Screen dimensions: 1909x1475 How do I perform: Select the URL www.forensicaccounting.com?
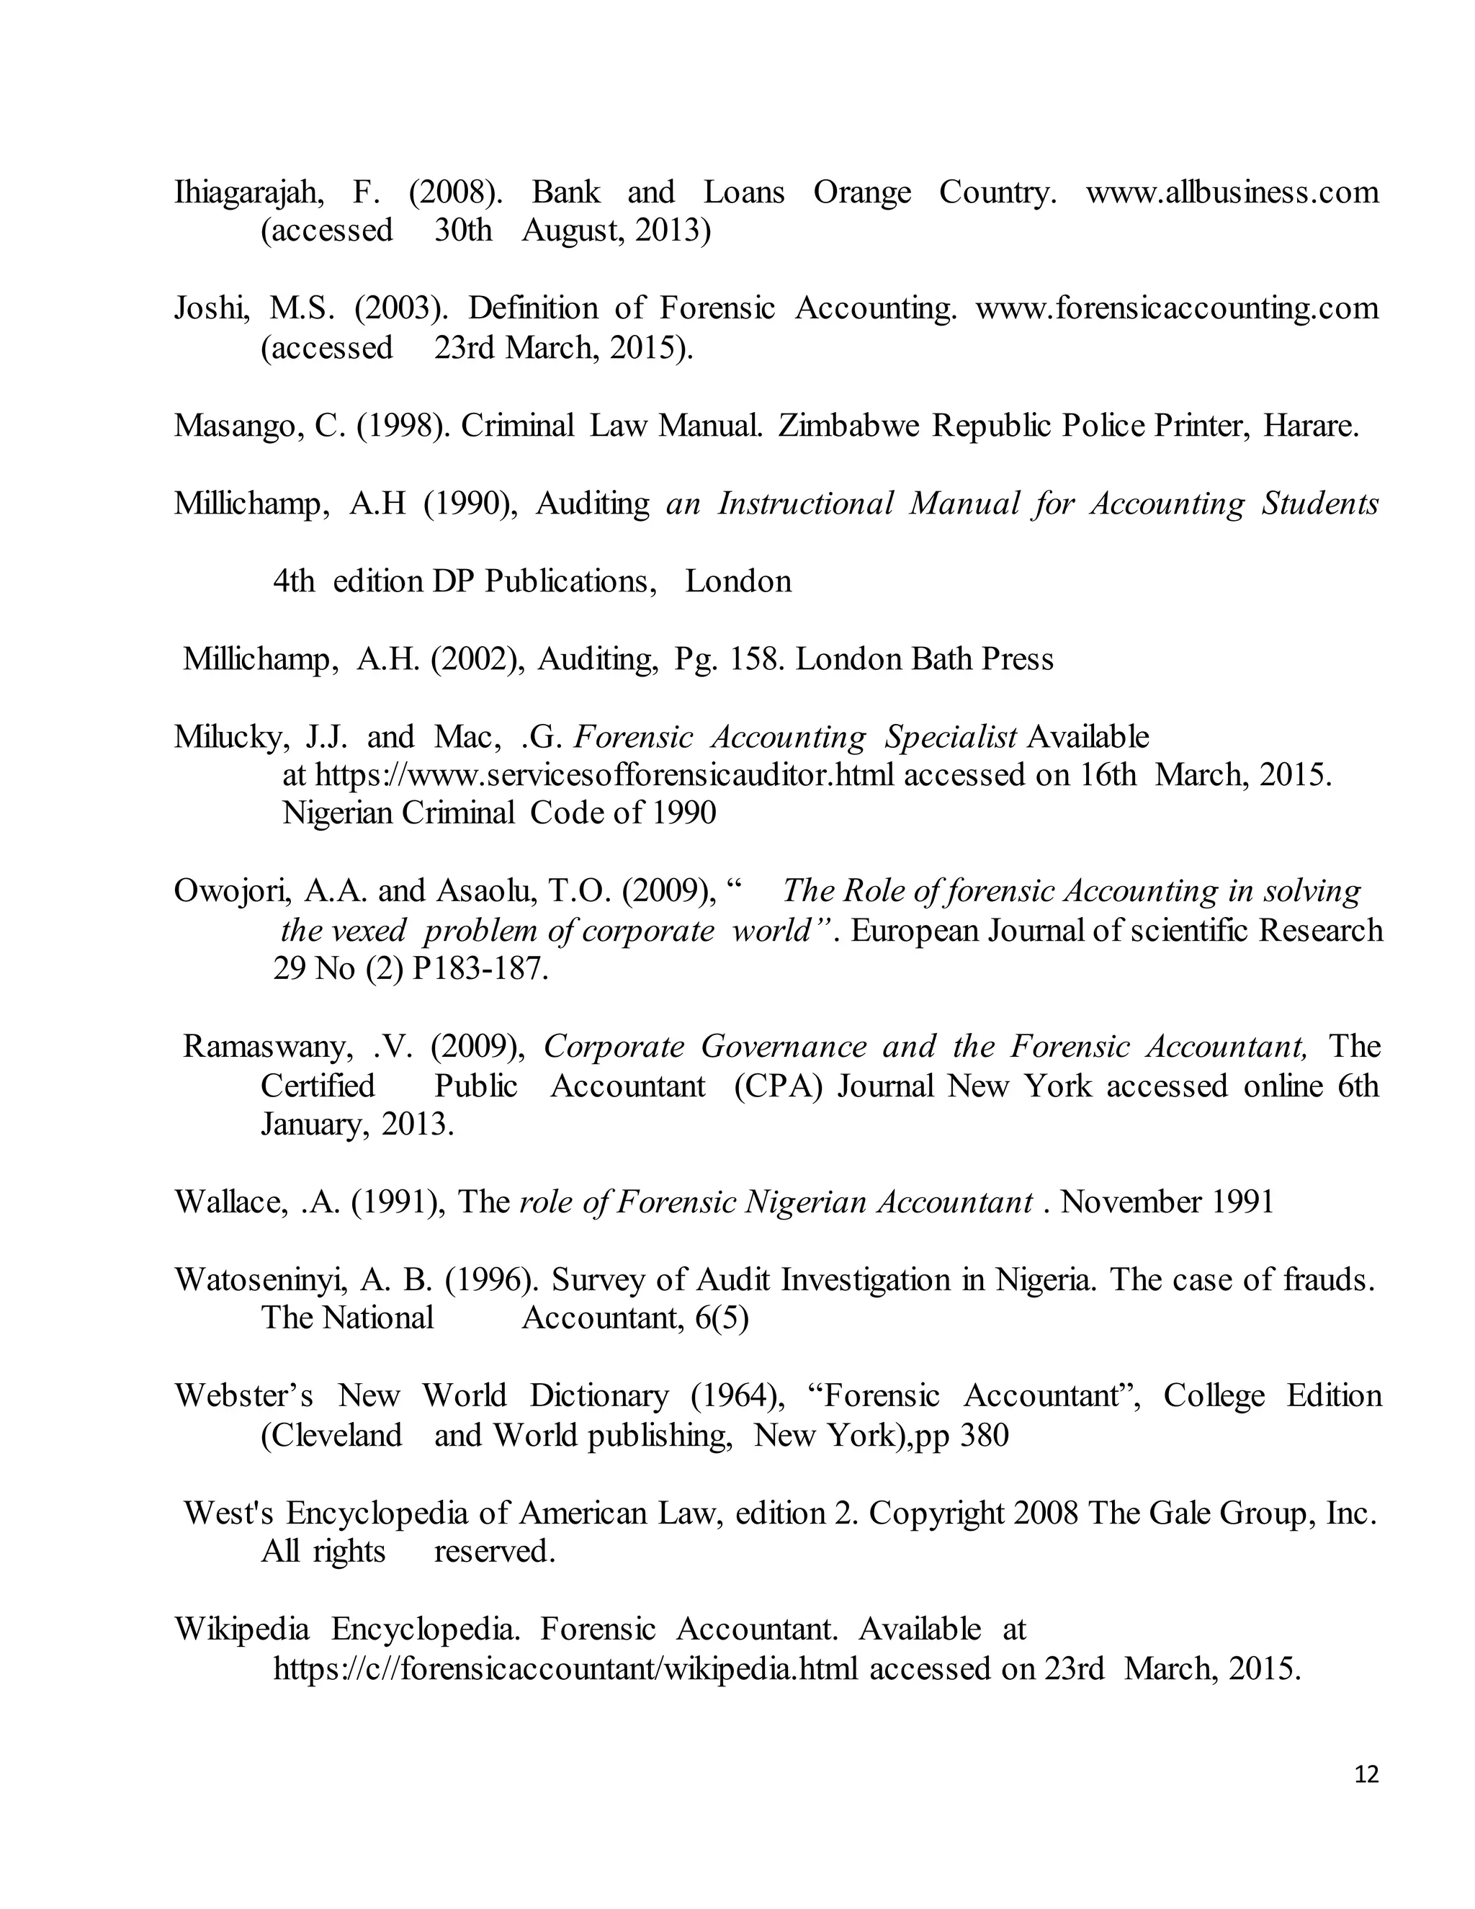click(1176, 308)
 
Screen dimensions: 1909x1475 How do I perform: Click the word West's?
click(229, 1513)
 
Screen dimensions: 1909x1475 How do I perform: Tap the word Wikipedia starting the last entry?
click(241, 1629)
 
